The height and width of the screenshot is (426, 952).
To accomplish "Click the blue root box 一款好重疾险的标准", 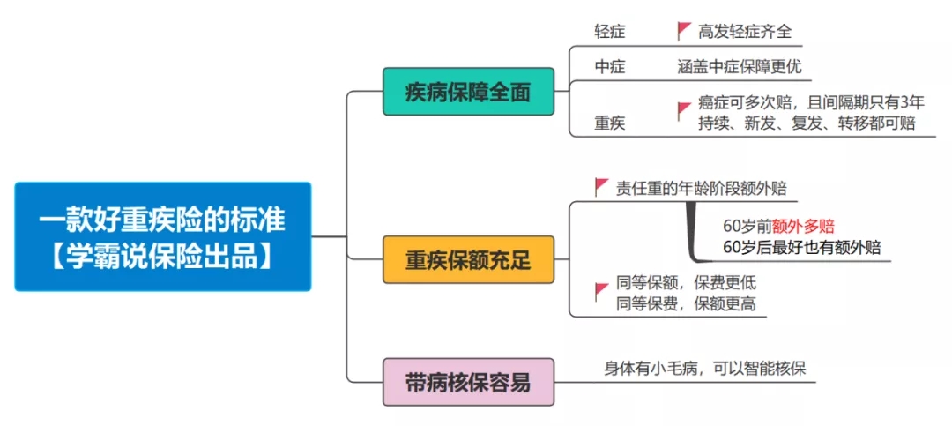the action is (x=163, y=236).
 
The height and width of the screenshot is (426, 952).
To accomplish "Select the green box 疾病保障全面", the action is (x=468, y=92).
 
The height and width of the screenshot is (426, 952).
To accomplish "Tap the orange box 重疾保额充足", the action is (x=468, y=259).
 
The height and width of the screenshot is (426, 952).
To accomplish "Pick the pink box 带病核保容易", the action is (x=468, y=382).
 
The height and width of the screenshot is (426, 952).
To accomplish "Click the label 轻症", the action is (x=610, y=32).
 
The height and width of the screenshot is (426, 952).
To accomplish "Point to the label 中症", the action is (x=610, y=67).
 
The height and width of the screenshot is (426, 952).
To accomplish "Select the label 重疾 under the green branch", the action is (x=610, y=123).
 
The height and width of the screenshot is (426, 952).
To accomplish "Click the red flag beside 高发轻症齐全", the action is (x=684, y=31).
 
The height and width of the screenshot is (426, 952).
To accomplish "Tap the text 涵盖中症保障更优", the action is (x=740, y=67).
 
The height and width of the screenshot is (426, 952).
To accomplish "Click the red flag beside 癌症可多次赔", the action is (x=684, y=110).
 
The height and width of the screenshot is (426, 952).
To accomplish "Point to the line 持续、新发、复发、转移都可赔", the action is (x=807, y=123).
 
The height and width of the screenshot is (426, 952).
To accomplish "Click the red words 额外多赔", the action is (x=803, y=227).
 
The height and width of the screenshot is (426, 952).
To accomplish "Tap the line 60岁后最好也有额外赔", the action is (x=802, y=248).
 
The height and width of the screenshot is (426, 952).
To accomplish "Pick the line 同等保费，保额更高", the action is (x=686, y=304).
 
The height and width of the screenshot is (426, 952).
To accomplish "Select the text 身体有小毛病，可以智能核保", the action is (x=705, y=369).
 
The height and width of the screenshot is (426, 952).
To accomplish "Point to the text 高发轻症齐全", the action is (x=745, y=32).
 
